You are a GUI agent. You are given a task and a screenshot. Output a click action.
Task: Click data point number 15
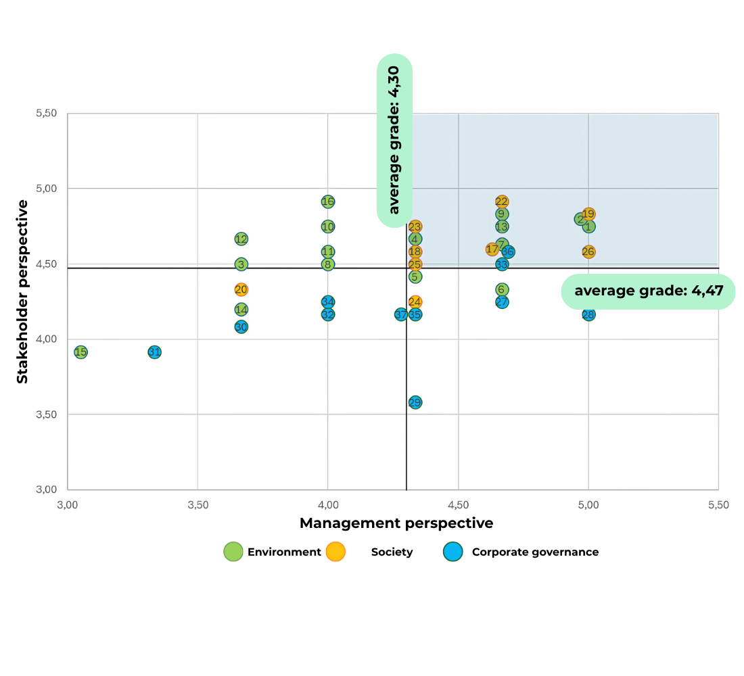click(80, 352)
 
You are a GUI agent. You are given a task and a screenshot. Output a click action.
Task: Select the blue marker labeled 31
click(154, 352)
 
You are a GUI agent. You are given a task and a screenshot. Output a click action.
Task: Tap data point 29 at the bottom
click(415, 402)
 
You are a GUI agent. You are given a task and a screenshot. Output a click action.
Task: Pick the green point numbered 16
click(328, 201)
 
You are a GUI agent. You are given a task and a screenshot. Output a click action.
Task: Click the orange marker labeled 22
click(502, 201)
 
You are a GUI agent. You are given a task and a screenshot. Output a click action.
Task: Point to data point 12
click(241, 239)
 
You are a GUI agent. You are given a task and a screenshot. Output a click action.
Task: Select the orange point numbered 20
click(241, 289)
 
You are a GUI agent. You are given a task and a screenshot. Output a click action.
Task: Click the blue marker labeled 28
click(588, 314)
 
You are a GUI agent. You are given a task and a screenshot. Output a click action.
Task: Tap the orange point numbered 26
click(588, 251)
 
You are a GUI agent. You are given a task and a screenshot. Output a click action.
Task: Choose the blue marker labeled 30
click(241, 327)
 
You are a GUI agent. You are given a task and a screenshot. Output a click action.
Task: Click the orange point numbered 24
click(415, 301)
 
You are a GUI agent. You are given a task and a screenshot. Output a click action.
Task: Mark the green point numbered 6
click(502, 289)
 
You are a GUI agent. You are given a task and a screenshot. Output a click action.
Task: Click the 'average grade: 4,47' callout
click(648, 291)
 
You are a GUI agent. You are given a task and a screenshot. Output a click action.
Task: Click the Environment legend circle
click(233, 552)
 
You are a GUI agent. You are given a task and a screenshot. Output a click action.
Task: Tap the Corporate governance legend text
click(535, 552)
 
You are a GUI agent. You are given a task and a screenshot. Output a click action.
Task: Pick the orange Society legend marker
click(335, 552)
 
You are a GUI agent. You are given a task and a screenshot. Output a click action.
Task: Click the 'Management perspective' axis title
click(396, 523)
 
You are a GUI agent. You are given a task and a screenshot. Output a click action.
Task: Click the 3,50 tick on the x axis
click(197, 504)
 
